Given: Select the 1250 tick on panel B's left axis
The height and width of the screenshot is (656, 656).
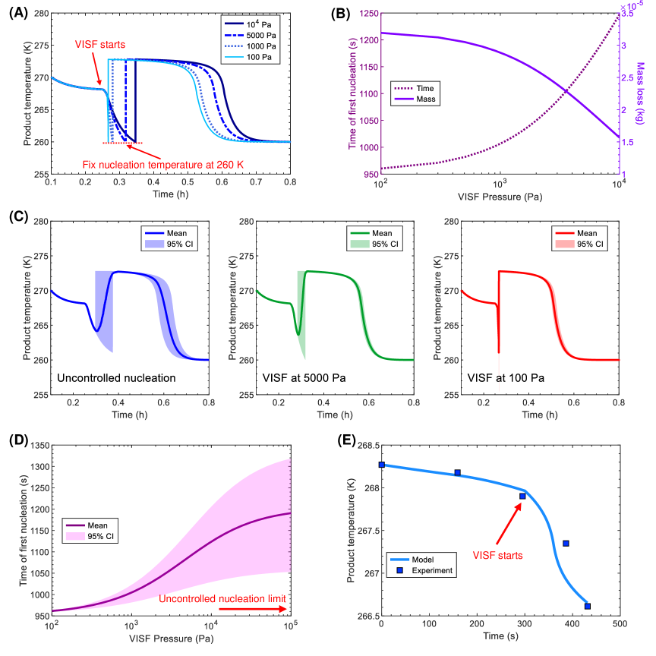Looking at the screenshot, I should click(x=365, y=13).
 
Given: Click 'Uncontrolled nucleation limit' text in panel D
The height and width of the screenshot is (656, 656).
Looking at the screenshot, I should click(x=222, y=598).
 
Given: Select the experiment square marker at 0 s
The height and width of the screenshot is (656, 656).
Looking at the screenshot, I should click(x=381, y=465).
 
